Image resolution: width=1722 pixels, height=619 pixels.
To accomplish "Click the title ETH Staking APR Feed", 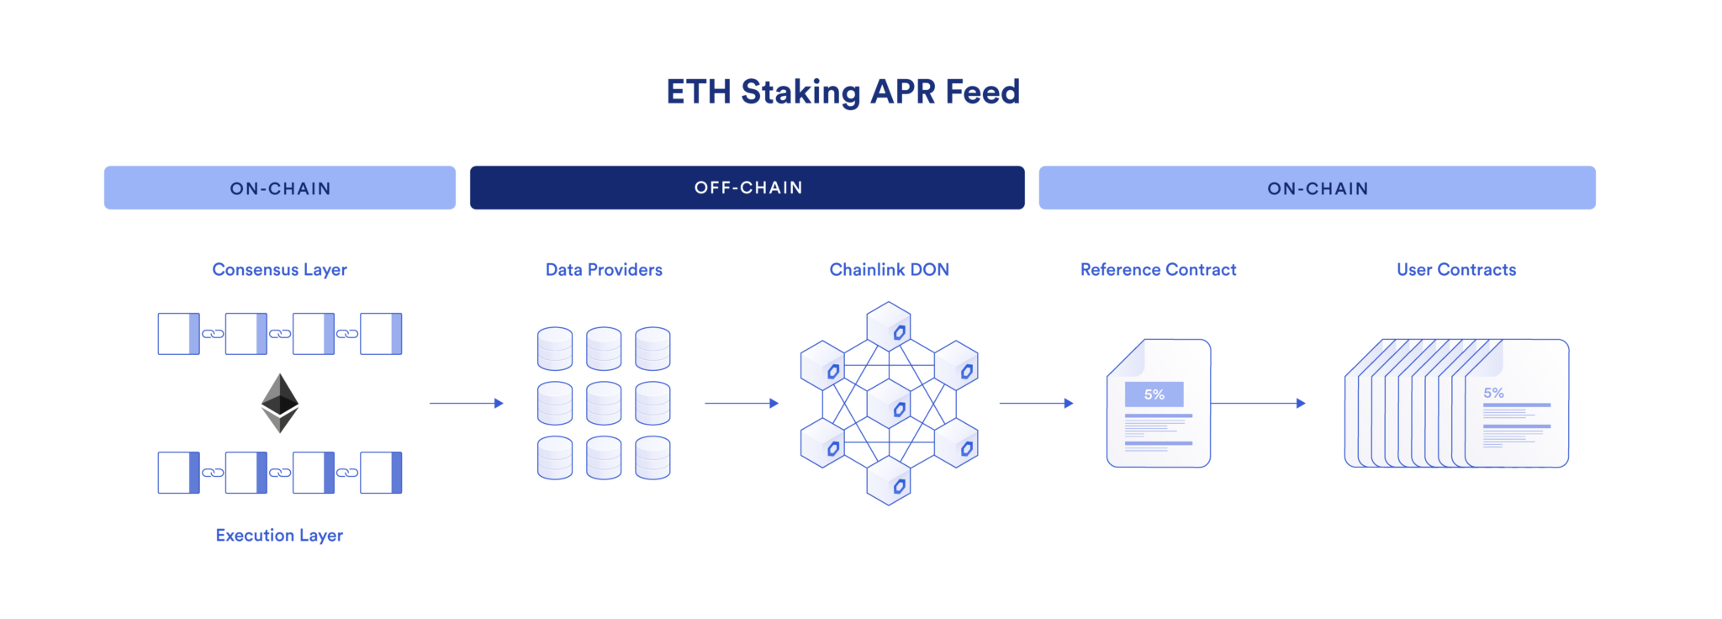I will pyautogui.click(x=843, y=92).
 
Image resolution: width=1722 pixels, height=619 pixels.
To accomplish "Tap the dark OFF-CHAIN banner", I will pyautogui.click(x=747, y=188).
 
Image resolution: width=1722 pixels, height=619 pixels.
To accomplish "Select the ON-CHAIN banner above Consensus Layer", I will pyautogui.click(x=280, y=188).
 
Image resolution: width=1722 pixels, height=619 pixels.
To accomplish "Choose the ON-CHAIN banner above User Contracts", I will pyautogui.click(x=1317, y=188).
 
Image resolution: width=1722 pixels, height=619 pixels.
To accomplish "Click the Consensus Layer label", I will pyautogui.click(x=279, y=270).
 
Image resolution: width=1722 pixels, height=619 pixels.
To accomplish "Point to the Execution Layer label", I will pyautogui.click(x=279, y=536).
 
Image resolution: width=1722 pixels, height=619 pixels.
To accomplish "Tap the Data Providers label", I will pyautogui.click(x=604, y=270).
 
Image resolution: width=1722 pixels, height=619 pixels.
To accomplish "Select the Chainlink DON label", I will pyautogui.click(x=889, y=270).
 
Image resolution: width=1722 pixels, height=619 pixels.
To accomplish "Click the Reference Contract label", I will pyautogui.click(x=1158, y=270).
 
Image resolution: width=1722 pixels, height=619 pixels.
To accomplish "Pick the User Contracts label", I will pyautogui.click(x=1456, y=270).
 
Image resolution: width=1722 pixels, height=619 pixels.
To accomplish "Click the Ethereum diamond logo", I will pyautogui.click(x=280, y=403).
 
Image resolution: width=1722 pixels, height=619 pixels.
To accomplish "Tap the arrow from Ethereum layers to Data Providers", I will pyautogui.click(x=466, y=404).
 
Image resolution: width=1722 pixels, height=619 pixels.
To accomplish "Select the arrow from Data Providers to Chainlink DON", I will pyautogui.click(x=741, y=404).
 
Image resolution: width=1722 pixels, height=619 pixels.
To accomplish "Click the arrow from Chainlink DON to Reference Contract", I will pyautogui.click(x=1035, y=404).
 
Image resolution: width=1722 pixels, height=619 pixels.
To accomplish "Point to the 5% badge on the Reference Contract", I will pyautogui.click(x=1154, y=394).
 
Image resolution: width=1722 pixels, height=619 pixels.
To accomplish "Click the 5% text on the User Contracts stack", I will pyautogui.click(x=1493, y=393).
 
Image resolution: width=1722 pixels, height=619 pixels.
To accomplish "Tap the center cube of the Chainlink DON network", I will pyautogui.click(x=889, y=405).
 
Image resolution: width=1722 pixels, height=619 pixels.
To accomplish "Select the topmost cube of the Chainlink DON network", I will pyautogui.click(x=889, y=326).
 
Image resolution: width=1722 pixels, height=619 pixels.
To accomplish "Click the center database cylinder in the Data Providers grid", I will pyautogui.click(x=604, y=404).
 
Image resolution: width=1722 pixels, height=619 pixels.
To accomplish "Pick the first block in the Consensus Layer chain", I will pyautogui.click(x=178, y=334).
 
